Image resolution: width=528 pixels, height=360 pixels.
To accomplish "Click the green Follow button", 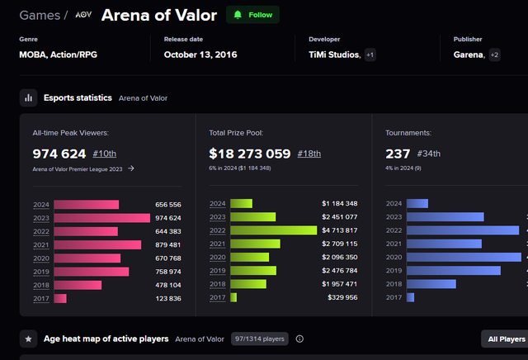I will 252,15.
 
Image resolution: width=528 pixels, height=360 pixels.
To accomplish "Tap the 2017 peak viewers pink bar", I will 60,298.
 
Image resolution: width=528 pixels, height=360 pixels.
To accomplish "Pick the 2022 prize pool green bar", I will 274,230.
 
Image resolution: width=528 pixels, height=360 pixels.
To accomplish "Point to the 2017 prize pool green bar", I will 233,297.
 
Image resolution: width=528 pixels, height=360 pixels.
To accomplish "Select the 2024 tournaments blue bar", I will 417,204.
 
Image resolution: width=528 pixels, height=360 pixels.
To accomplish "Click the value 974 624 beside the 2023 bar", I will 167,218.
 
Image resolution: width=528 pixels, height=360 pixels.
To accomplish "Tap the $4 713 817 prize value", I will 340,230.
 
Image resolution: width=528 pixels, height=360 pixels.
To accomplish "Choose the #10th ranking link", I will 105,154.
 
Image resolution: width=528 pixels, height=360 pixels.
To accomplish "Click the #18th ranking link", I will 309,154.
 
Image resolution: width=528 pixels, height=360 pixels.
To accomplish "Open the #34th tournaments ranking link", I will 430,154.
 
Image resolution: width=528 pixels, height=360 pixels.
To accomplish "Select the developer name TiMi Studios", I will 328,55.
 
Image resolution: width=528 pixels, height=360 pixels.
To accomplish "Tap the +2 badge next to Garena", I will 495,55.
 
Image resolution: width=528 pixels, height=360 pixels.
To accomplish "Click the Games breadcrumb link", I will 39,16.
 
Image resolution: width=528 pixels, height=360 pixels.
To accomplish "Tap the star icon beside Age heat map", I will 29,339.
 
